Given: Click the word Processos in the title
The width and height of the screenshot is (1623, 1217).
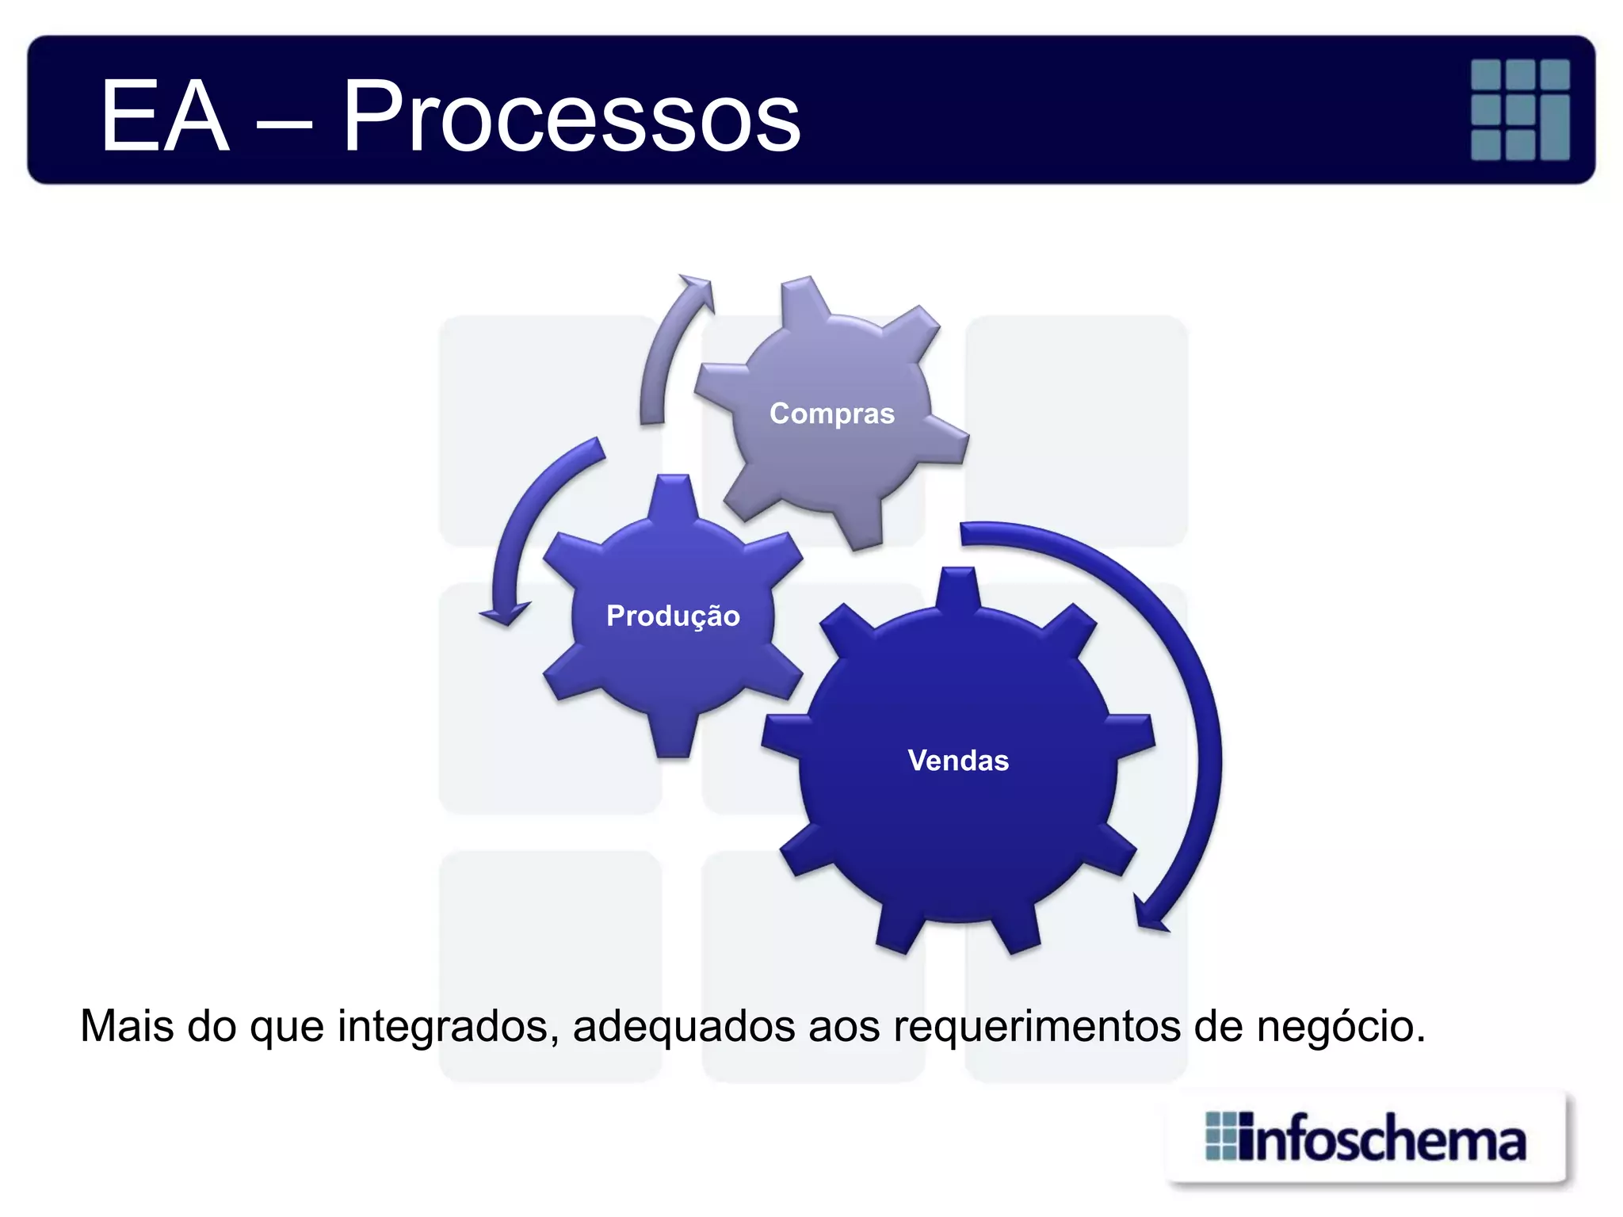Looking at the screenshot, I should [x=571, y=117].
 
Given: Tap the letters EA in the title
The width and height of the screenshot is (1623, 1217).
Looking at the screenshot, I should [x=165, y=117].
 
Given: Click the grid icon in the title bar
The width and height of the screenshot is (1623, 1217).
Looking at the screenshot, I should [x=1520, y=109].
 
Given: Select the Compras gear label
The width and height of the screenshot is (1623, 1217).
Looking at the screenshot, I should [x=832, y=414].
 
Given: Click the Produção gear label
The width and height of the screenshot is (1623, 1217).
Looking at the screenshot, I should [x=673, y=616].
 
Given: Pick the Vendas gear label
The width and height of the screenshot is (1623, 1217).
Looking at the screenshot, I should [x=958, y=761].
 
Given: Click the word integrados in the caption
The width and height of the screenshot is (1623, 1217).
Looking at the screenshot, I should [x=449, y=1026].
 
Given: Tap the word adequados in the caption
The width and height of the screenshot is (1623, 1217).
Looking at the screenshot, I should [x=684, y=1026].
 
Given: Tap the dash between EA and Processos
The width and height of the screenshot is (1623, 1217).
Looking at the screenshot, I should [x=285, y=125].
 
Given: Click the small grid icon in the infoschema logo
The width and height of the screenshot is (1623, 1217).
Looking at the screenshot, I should [x=1220, y=1136].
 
